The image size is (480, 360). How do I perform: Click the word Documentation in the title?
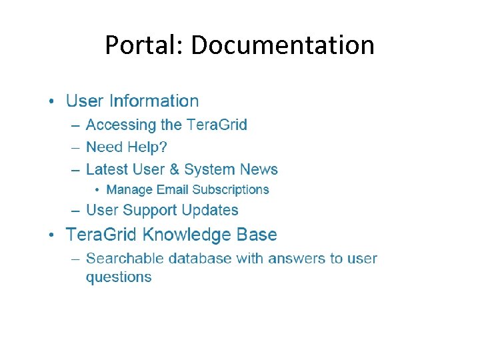click(282, 45)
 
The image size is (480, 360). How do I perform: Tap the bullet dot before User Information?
click(52, 102)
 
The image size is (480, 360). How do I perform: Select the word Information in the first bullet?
click(154, 101)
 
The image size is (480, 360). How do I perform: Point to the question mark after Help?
click(163, 147)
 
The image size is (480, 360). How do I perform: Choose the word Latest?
click(107, 169)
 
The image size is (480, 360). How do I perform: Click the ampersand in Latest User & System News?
click(174, 169)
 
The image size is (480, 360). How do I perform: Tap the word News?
click(259, 169)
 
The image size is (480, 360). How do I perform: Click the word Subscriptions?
click(231, 190)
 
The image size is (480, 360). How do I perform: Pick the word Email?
click(173, 190)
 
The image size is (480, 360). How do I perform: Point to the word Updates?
click(210, 210)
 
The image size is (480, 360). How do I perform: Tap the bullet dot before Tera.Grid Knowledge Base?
click(52, 235)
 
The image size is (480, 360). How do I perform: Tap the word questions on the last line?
click(119, 277)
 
